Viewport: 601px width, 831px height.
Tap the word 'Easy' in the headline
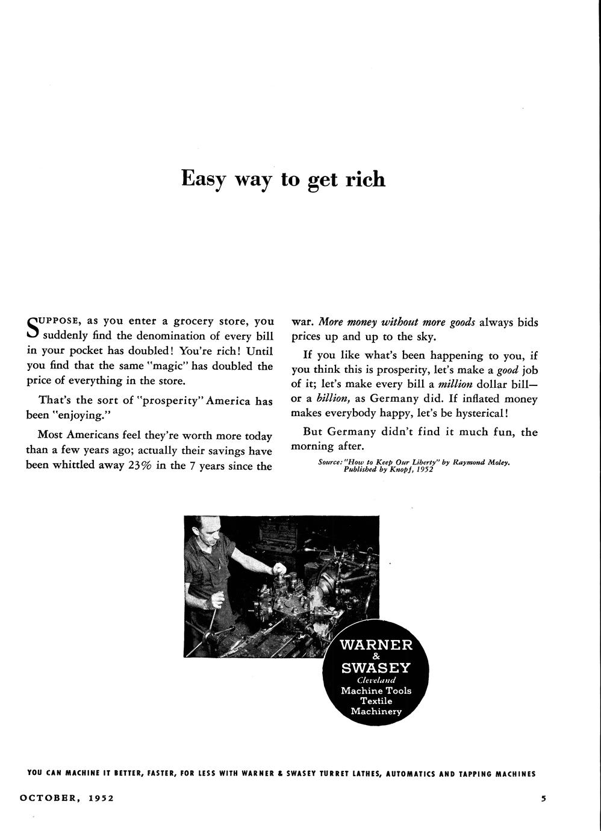point(202,179)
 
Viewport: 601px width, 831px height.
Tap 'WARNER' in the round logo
point(376,645)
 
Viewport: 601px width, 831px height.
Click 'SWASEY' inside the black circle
point(376,668)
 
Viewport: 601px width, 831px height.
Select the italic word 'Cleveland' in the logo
point(376,680)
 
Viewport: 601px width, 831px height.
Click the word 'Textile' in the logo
point(376,701)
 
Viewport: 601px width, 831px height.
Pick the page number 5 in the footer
point(543,798)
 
